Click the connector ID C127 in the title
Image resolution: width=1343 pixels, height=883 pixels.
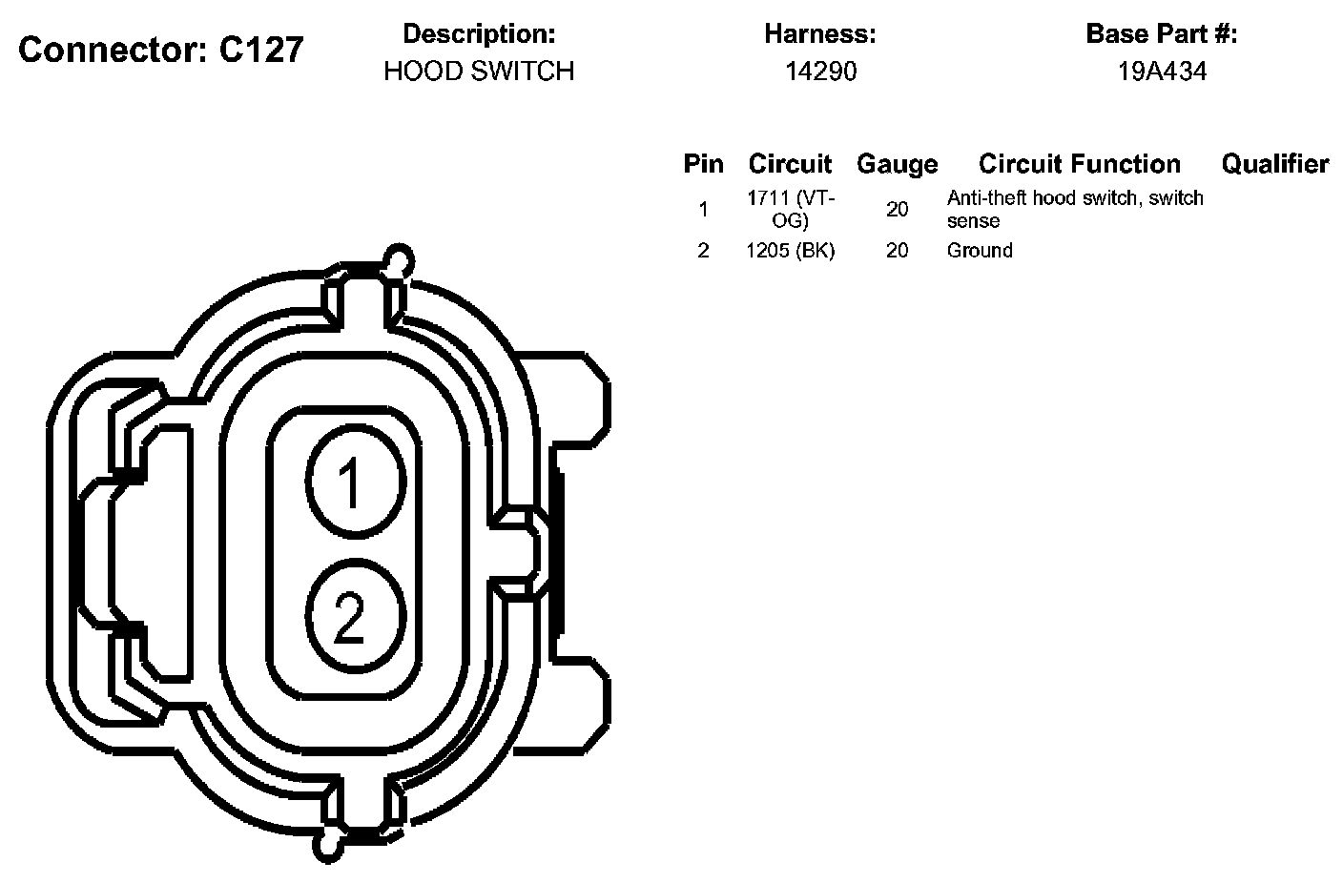(261, 50)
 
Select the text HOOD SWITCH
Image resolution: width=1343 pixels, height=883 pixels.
(479, 72)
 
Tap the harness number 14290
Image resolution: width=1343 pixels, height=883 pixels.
(821, 72)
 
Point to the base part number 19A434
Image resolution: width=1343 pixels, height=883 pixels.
(1162, 72)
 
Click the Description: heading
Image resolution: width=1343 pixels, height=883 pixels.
(479, 34)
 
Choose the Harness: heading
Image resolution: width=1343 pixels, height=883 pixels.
(820, 34)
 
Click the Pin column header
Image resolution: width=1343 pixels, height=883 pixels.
(703, 164)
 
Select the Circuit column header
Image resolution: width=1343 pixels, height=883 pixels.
(790, 164)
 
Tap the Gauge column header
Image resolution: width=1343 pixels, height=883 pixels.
(897, 164)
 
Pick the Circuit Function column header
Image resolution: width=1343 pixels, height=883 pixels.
(1080, 164)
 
